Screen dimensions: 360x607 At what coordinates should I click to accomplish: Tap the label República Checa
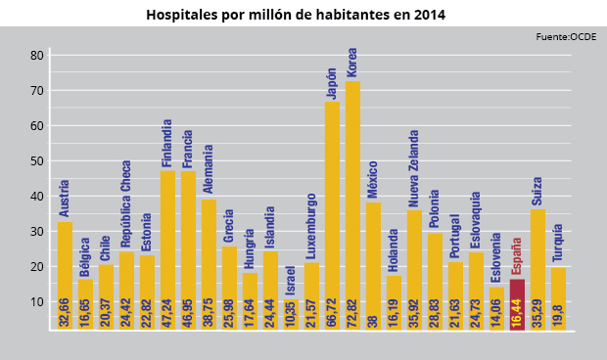[126, 203]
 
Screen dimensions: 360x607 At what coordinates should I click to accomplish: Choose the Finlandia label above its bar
[167, 143]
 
